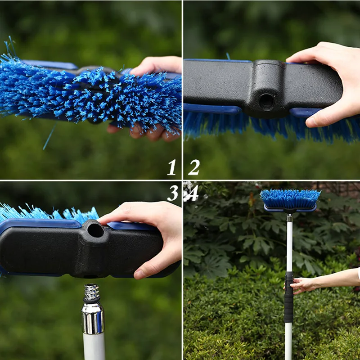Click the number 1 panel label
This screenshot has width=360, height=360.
171,168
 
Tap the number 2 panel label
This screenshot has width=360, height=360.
194,168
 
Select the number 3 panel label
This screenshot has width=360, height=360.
172,193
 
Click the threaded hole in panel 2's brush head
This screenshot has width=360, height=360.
266,102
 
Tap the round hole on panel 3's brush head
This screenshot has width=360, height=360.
95,230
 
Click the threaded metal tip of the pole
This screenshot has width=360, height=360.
91,292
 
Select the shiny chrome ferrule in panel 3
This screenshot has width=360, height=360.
93,317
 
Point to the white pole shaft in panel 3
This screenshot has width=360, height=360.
94,346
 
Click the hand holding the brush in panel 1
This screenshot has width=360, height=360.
153,67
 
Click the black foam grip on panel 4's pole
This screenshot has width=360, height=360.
288,297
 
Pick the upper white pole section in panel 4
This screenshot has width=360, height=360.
289,243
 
